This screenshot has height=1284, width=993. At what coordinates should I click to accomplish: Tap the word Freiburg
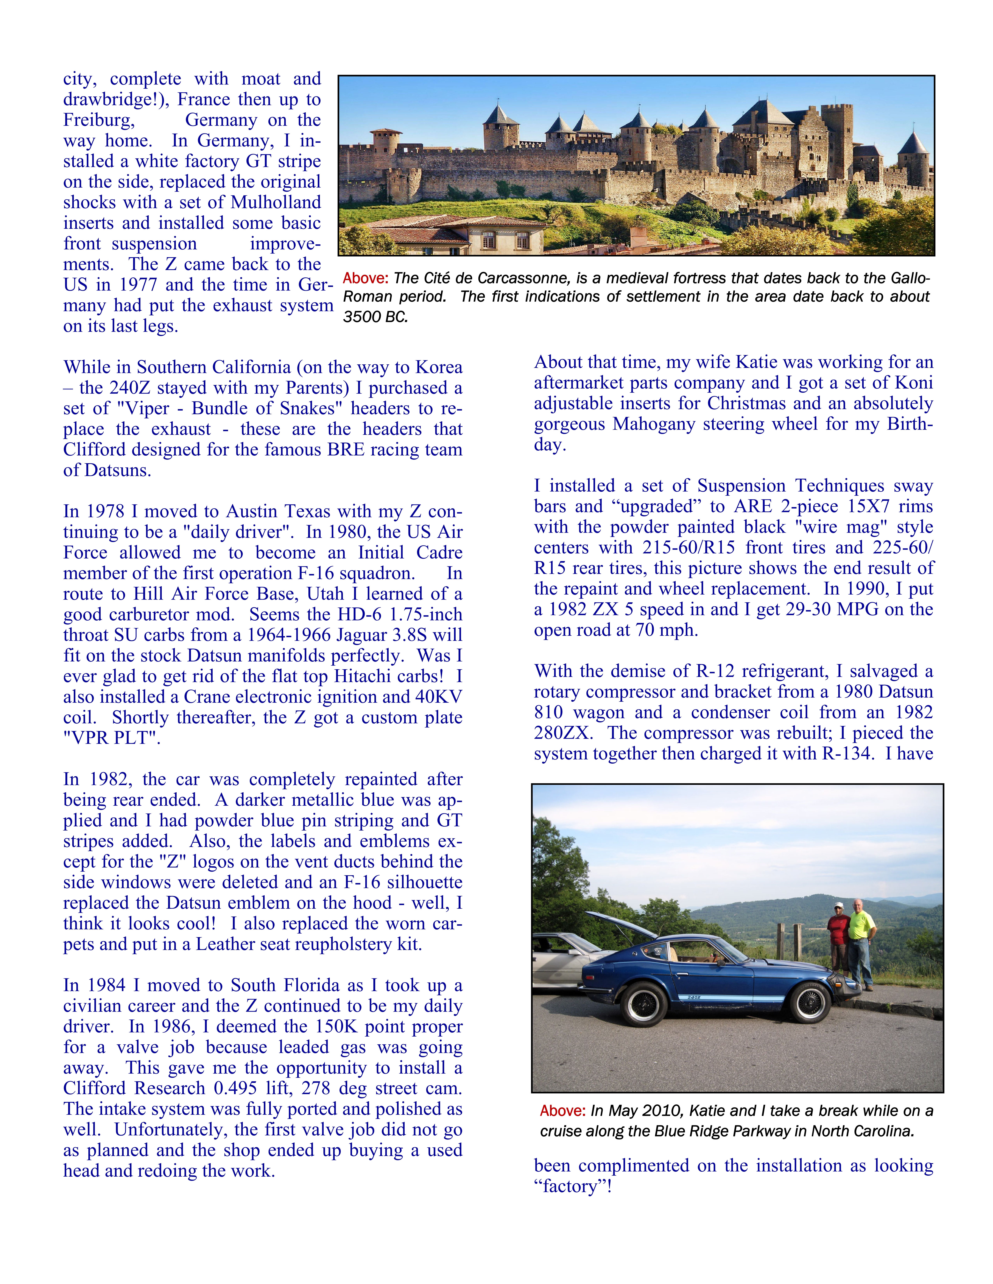99,120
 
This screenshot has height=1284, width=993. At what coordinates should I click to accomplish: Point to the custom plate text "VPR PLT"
112,738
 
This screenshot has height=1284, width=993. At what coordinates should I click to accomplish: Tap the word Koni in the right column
914,383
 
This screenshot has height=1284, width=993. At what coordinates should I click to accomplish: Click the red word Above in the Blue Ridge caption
562,1111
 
